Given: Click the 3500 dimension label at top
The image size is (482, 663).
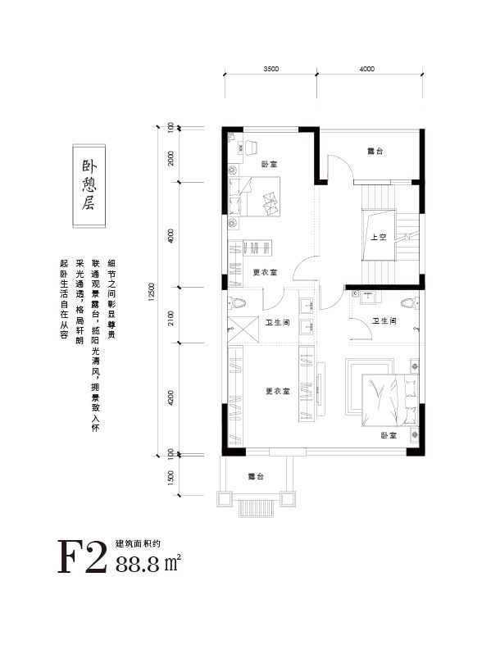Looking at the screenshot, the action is (x=271, y=69).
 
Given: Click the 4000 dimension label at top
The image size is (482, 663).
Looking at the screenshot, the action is (x=367, y=69).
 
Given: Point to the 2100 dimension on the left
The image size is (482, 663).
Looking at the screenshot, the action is (x=171, y=316).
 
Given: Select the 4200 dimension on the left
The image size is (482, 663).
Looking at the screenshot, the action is (x=171, y=397).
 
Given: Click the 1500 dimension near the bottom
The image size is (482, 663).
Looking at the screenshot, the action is (x=171, y=478).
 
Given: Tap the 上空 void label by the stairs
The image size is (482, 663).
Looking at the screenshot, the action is (x=379, y=237).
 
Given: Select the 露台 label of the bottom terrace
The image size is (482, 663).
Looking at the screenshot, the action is (x=257, y=476).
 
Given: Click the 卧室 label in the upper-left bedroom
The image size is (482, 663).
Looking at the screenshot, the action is (x=270, y=164).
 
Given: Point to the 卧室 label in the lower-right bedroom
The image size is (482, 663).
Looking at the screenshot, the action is (x=389, y=435).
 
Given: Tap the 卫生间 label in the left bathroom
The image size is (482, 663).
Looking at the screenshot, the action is (x=278, y=323).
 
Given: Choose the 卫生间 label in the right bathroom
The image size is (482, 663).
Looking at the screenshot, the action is (x=384, y=321).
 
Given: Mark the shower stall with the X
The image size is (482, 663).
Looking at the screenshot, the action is (x=243, y=329).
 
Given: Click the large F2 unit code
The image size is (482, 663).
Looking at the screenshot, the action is (x=82, y=556).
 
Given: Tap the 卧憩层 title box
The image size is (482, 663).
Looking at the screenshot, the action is (x=89, y=186).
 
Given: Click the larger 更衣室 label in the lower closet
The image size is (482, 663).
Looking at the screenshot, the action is (x=278, y=392).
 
